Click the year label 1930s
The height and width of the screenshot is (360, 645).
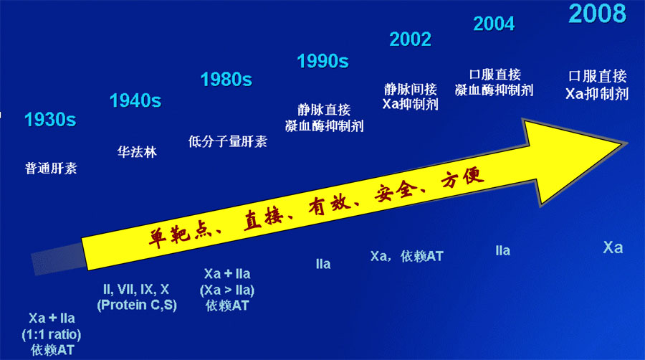(50, 120)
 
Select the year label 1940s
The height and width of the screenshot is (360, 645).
(135, 101)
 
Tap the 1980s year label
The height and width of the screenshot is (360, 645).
(226, 80)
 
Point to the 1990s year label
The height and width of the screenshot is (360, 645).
(323, 61)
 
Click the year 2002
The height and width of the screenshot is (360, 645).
(411, 39)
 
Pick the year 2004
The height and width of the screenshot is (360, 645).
(494, 24)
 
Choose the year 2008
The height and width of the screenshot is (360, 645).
(597, 13)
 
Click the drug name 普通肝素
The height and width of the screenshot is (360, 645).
(51, 168)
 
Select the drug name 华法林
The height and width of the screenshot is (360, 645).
(137, 152)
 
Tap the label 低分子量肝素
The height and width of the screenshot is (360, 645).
(228, 141)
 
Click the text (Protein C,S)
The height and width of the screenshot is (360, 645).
(137, 305)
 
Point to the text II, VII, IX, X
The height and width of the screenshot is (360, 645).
(136, 289)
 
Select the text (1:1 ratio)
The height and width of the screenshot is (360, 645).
(52, 334)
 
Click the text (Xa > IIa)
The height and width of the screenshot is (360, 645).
(227, 290)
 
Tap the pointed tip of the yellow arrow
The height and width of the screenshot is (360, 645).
(626, 143)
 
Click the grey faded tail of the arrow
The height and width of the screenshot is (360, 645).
(59, 258)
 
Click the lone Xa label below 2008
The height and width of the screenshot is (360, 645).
(613, 247)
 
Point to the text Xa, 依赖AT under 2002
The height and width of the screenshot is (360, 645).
(407, 256)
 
